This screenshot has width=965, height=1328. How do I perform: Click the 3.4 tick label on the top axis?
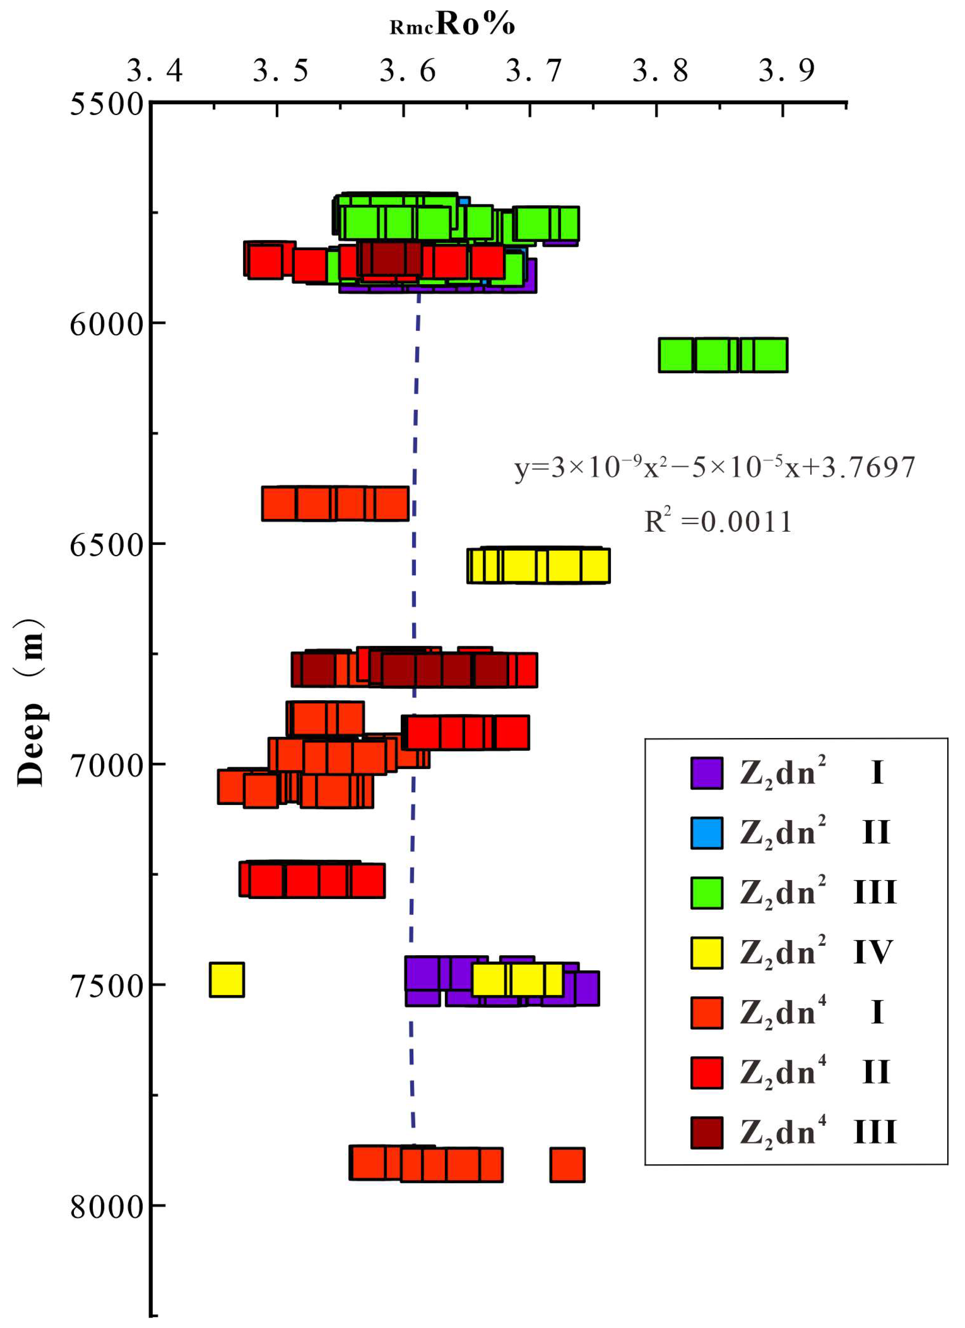pyautogui.click(x=155, y=72)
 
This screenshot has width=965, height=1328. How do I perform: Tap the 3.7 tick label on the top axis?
pyautogui.click(x=534, y=72)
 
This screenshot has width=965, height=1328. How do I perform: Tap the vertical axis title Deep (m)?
pyautogui.click(x=30, y=703)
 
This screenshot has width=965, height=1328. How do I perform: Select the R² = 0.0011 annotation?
pyautogui.click(x=718, y=521)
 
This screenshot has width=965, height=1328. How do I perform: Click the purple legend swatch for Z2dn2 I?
pyautogui.click(x=706, y=773)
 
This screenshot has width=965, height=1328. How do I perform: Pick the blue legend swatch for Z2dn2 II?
pyautogui.click(x=706, y=833)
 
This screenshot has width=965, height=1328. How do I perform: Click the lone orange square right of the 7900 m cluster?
pyautogui.click(x=567, y=1165)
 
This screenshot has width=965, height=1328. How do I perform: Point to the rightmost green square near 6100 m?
pyautogui.click(x=770, y=355)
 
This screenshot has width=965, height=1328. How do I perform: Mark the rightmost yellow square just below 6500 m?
pyautogui.click(x=594, y=566)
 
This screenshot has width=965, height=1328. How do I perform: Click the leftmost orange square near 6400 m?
pyautogui.click(x=279, y=504)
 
